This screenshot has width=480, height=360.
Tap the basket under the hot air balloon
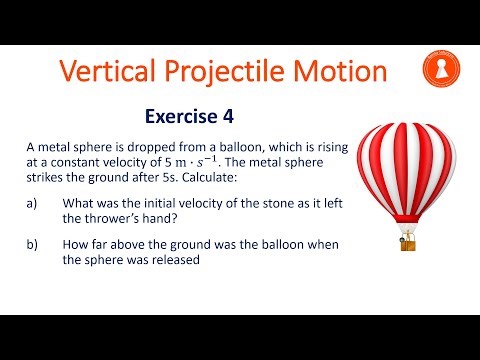coord(408,243)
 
